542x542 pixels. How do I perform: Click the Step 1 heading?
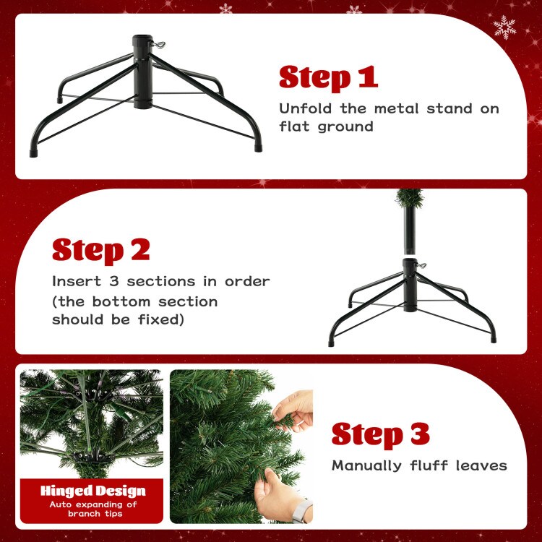tap(329, 77)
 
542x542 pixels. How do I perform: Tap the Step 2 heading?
tap(101, 250)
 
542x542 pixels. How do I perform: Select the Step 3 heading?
tap(381, 434)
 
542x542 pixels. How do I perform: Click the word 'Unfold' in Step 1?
tap(304, 109)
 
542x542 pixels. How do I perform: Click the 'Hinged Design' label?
tap(93, 491)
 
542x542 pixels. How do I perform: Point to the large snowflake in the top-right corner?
tap(504, 27)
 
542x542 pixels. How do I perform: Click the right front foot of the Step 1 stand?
tap(256, 145)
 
